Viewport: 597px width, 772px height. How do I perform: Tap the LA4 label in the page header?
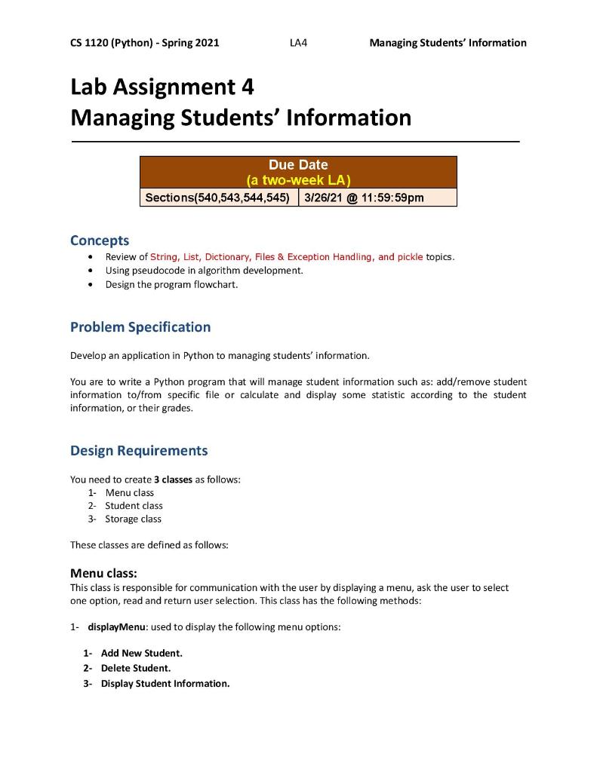[x=298, y=43]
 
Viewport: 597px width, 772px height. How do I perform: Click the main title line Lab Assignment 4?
[x=162, y=87]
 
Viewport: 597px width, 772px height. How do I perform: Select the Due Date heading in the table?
[x=298, y=164]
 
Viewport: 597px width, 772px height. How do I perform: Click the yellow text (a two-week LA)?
[x=298, y=180]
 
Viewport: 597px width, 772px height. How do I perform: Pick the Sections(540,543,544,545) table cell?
[x=219, y=198]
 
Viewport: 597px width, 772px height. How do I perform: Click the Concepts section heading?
[x=99, y=240]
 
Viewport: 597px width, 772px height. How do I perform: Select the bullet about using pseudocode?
[x=204, y=270]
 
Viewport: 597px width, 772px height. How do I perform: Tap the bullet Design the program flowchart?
[x=171, y=284]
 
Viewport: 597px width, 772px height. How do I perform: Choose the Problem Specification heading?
[x=140, y=327]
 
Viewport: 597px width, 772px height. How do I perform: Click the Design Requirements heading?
[x=138, y=451]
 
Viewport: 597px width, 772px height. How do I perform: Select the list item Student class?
[x=134, y=506]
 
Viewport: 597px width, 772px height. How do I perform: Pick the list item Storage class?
[x=133, y=519]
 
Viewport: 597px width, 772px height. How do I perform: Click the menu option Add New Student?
[x=141, y=653]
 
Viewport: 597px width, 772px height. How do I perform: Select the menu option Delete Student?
[x=135, y=668]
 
